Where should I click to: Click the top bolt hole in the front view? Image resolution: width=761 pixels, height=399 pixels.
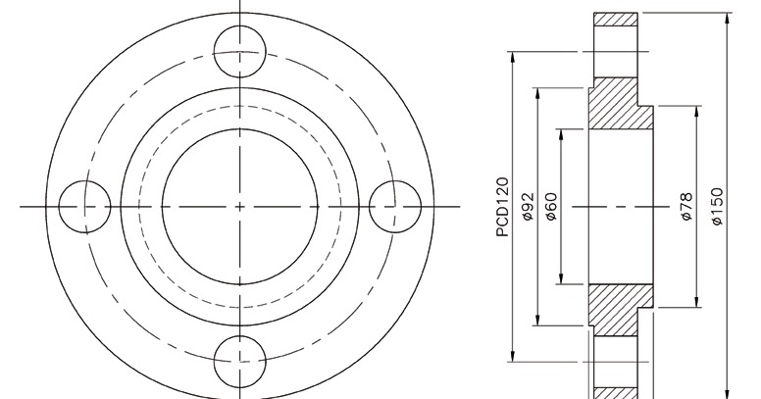tap(240, 52)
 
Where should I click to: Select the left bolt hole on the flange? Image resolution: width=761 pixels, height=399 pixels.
tap(84, 206)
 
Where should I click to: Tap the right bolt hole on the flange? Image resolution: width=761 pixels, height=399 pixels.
tap(395, 206)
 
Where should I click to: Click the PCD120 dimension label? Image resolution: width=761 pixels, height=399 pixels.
tap(503, 208)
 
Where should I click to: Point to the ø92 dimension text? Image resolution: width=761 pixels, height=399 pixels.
tap(527, 208)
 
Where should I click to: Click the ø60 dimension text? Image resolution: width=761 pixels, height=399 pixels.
tap(550, 208)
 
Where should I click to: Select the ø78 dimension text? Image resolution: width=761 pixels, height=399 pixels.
tap(686, 207)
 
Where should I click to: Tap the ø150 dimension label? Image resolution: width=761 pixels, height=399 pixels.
tap(717, 208)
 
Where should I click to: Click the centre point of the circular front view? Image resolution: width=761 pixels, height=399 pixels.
tap(240, 206)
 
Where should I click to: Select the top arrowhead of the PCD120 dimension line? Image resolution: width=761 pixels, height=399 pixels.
tap(514, 56)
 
